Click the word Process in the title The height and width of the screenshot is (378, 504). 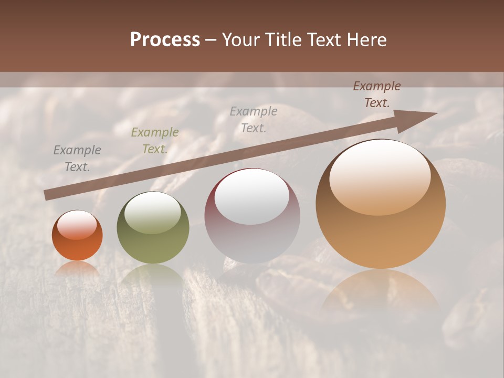(x=165, y=40)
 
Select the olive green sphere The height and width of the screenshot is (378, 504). (x=153, y=241)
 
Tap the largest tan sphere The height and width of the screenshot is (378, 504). (x=381, y=231)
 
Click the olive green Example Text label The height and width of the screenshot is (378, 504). (x=154, y=141)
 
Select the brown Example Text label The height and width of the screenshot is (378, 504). (x=376, y=94)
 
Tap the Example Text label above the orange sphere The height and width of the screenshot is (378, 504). (x=77, y=159)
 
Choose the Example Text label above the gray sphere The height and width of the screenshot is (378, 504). (x=254, y=119)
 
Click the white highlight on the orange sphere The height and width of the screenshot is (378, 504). (x=77, y=225)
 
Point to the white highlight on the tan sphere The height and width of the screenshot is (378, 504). (x=380, y=177)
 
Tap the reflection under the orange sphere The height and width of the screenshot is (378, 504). (x=77, y=268)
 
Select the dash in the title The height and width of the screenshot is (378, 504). (x=211, y=40)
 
